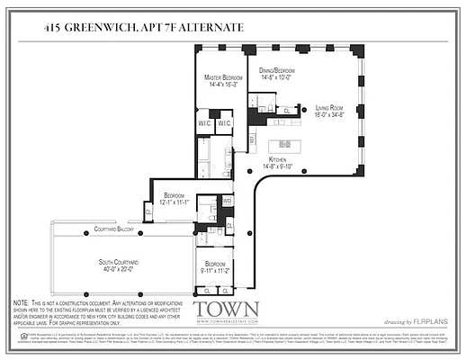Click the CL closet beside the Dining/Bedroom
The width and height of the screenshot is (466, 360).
[286, 111]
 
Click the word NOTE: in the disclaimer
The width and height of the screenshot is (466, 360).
[22, 303]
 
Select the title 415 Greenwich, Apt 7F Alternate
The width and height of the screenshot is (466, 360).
[143, 29]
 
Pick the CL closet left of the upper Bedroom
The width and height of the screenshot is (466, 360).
[148, 211]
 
